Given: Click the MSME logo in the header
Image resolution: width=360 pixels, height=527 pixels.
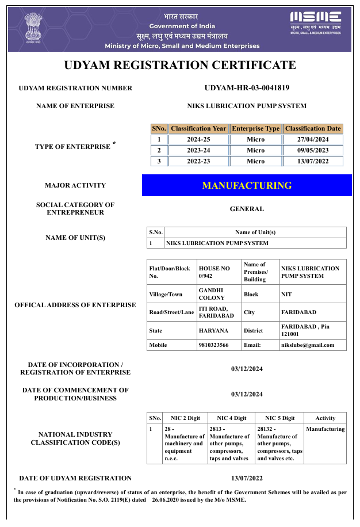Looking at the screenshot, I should [x=316, y=22].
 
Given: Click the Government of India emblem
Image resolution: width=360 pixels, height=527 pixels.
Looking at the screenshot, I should [x=33, y=28].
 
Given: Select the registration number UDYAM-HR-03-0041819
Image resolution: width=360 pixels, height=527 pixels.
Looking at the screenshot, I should [x=247, y=88].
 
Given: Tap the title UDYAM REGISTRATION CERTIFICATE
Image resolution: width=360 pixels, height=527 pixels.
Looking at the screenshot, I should [x=180, y=65].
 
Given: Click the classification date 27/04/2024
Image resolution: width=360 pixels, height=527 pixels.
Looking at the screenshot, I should [x=313, y=139].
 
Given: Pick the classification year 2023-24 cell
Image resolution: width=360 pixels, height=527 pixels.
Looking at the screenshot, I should [x=198, y=150].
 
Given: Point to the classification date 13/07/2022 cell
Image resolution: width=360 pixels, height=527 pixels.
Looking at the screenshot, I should [x=313, y=161].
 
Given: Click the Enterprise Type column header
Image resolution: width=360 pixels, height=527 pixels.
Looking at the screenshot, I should [x=255, y=128].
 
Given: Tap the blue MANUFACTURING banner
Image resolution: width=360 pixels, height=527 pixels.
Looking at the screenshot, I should [x=247, y=185].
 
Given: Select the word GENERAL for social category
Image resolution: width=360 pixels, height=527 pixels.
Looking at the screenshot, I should [x=247, y=209].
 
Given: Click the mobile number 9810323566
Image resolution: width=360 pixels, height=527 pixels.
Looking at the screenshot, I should [x=213, y=345].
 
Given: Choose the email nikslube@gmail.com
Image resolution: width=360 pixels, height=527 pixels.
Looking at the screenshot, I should [x=307, y=345].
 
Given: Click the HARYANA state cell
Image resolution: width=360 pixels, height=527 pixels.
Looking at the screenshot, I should [x=213, y=331].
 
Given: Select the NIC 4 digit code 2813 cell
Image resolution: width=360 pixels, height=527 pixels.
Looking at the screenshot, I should [x=230, y=444].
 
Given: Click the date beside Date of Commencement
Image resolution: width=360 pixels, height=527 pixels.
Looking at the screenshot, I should [x=247, y=394].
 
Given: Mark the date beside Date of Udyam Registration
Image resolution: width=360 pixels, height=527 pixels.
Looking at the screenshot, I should [x=247, y=478].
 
